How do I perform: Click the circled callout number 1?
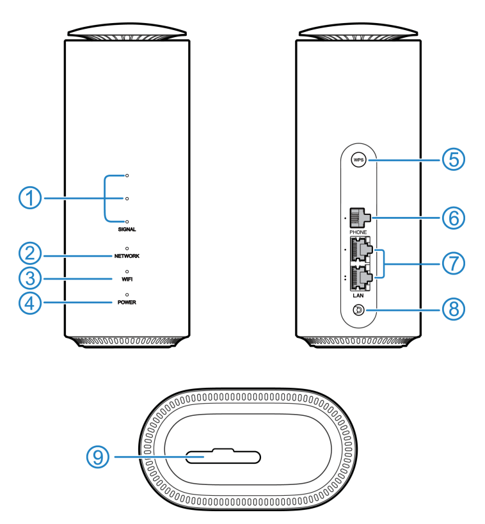(30, 198)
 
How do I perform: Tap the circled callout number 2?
(30, 253)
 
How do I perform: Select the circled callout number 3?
(30, 278)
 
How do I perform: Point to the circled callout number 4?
(30, 303)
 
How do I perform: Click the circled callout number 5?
(454, 159)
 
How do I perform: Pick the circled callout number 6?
(454, 218)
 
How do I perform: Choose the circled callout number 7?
(454, 264)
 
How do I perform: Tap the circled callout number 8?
(454, 309)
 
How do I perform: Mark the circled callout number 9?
(98, 457)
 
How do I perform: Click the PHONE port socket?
(360, 218)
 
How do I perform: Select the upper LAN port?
(361, 250)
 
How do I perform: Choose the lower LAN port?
(361, 278)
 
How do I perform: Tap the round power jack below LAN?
(358, 310)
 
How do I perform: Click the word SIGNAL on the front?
(127, 229)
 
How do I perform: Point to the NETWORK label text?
(127, 256)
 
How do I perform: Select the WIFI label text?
(127, 279)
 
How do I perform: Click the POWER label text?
(127, 302)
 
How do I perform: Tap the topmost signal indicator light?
(127, 175)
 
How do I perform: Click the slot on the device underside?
(223, 456)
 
